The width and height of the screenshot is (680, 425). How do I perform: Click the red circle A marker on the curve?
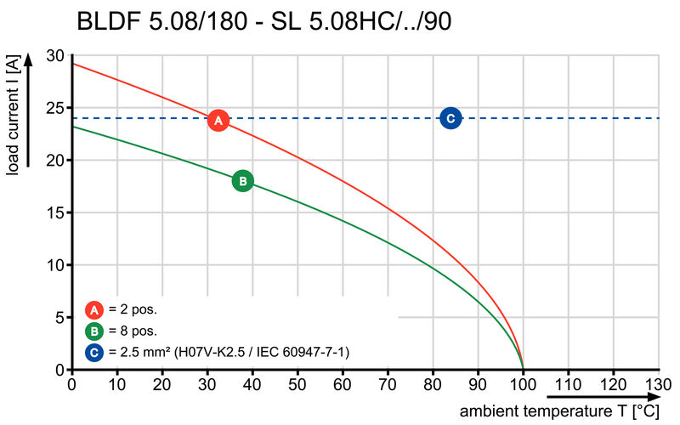[218, 121]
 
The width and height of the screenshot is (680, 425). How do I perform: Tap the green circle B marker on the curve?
[242, 180]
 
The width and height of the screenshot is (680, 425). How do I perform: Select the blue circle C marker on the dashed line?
[450, 118]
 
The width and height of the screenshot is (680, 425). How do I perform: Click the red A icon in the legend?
[94, 309]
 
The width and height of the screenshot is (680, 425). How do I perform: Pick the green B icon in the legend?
[94, 331]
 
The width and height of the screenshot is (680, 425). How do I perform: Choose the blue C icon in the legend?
[94, 351]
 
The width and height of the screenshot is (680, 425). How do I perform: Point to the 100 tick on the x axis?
[523, 383]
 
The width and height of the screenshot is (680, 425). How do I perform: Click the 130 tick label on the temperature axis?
[659, 383]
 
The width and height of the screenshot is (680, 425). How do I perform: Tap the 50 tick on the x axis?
[297, 383]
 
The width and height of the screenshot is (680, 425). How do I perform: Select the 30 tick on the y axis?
[55, 56]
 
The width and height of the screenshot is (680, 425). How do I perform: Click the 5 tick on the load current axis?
[59, 317]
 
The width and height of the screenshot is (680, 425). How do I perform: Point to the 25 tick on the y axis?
[55, 108]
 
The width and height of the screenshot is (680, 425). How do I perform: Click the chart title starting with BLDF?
[263, 22]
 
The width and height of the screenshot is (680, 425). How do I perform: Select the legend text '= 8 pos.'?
[133, 331]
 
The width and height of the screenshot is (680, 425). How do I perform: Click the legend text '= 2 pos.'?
[133, 309]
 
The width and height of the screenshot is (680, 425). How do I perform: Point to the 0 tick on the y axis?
[59, 370]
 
